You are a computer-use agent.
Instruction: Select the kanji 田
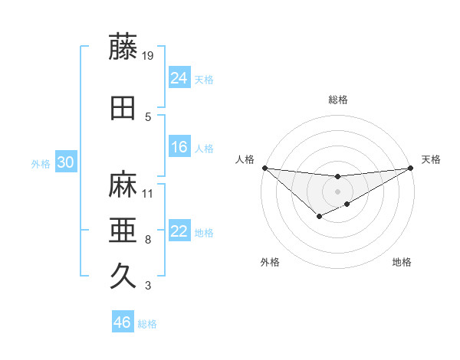[x=123, y=108]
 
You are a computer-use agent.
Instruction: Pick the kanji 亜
[x=123, y=230]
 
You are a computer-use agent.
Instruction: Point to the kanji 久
[x=123, y=275]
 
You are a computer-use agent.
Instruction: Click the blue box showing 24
[x=179, y=77]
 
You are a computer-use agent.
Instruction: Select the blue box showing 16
[x=179, y=147]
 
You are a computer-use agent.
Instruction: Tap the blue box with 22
[x=179, y=231]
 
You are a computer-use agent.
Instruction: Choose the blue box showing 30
[x=64, y=162]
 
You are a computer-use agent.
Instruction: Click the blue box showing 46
[x=123, y=322]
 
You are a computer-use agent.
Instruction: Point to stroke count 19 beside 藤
[x=149, y=55]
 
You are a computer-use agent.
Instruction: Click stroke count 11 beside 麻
[x=149, y=193]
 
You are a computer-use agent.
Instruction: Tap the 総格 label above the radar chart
[x=337, y=100]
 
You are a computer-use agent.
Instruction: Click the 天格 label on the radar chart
[x=431, y=159]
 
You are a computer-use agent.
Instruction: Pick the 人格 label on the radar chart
[x=245, y=159]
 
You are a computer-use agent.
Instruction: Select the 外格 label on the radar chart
[x=270, y=262]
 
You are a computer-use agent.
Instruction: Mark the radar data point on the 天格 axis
[x=410, y=168]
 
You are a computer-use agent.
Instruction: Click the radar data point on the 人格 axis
[x=264, y=168]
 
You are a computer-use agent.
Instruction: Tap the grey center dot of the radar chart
[x=337, y=191]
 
